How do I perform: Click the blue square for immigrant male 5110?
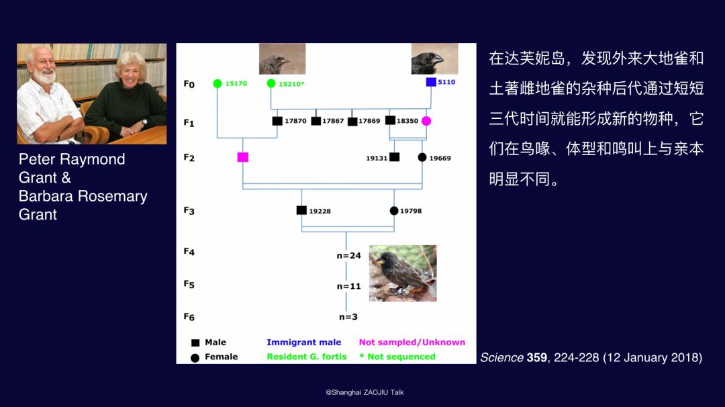point(431,82)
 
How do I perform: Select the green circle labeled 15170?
point(217,83)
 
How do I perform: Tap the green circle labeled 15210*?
point(271,83)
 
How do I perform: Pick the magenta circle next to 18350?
point(426,121)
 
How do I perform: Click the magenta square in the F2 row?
point(243,157)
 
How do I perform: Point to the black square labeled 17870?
point(277,121)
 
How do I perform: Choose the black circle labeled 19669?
point(422,157)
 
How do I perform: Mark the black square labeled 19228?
point(301,210)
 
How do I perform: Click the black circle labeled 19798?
point(394,211)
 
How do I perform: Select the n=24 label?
point(348,255)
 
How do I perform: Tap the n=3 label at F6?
point(348,317)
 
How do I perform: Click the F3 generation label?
point(189,210)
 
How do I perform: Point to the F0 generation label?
point(189,84)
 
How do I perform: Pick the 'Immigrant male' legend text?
point(304,343)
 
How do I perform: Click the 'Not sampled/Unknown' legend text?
point(412,343)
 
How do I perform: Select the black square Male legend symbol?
point(195,343)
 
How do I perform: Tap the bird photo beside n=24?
point(403,273)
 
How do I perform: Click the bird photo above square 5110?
point(434,58)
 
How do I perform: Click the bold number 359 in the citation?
point(537,357)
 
